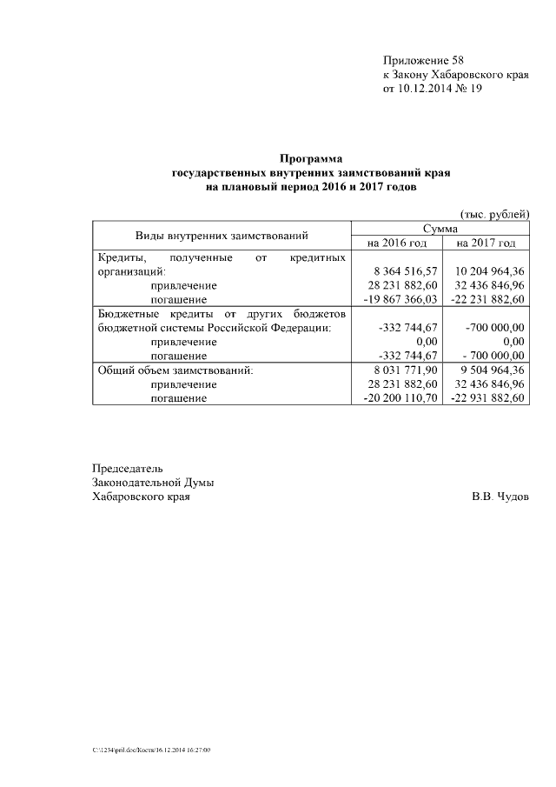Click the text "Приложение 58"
[x=423, y=61]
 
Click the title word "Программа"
[x=311, y=159]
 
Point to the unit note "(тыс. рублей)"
[x=493, y=214]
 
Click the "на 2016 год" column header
[x=397, y=243]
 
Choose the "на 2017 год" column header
[x=486, y=243]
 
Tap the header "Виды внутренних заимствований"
[x=222, y=235]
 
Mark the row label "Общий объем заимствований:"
[x=175, y=370]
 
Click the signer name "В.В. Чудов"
[x=500, y=497]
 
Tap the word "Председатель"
[x=128, y=469]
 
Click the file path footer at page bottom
[x=152, y=749]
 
